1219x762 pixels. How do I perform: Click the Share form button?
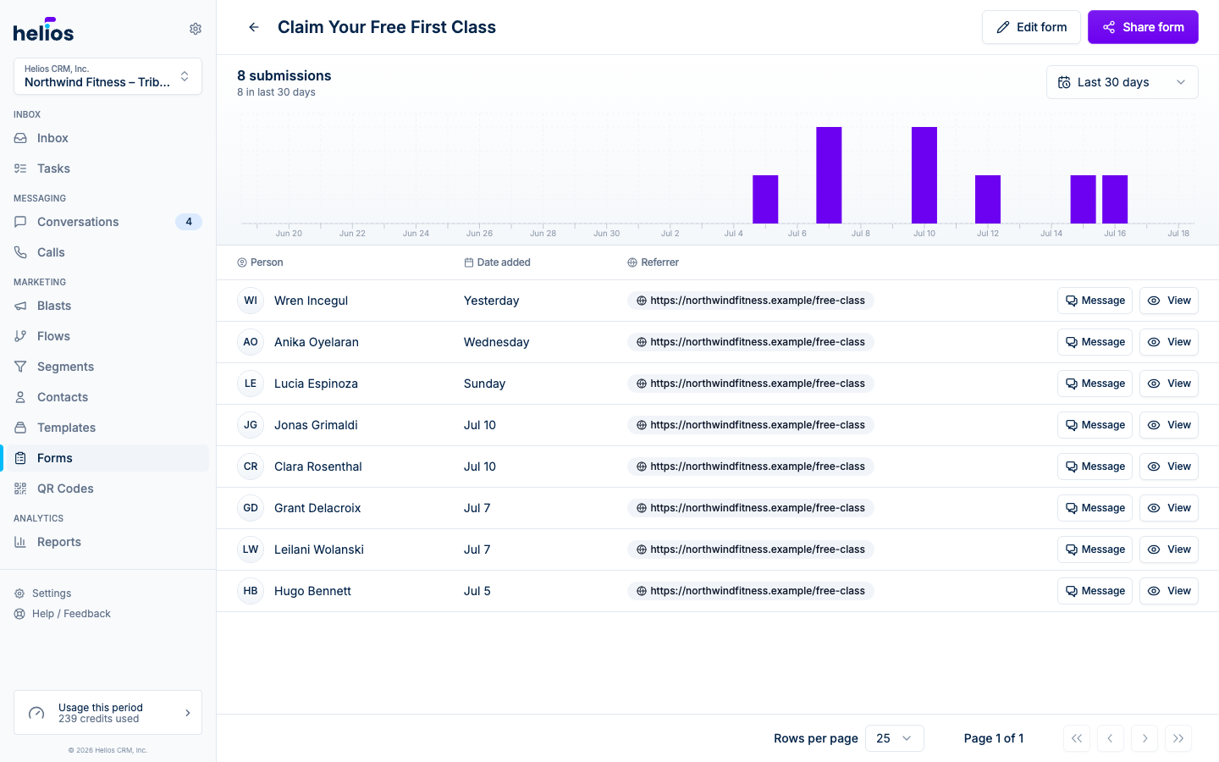[1143, 27]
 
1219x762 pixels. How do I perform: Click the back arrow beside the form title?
[254, 27]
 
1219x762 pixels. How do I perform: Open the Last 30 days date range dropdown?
[1122, 82]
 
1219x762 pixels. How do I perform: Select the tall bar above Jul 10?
[924, 175]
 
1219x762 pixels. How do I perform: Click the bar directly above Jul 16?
[1115, 199]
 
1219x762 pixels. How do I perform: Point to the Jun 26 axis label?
[479, 234]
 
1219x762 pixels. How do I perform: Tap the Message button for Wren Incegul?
[1095, 301]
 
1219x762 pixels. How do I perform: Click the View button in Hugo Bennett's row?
[1169, 591]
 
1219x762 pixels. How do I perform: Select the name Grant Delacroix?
[317, 508]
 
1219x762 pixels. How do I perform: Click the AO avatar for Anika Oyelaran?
[251, 342]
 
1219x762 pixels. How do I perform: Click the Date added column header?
[498, 262]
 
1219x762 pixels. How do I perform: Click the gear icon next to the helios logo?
[196, 29]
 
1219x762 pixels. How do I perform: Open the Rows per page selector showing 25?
[894, 738]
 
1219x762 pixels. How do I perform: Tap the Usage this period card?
[108, 713]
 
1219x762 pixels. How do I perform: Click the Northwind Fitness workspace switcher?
[108, 76]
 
